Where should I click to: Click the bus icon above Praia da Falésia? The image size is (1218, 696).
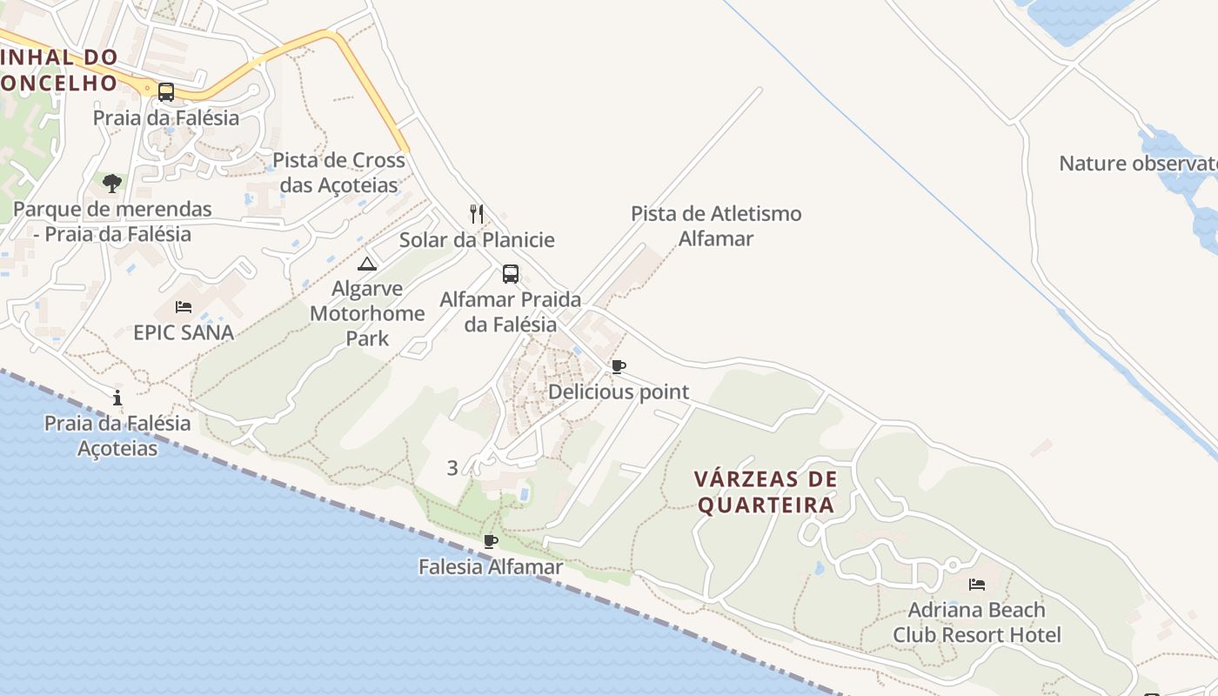165,91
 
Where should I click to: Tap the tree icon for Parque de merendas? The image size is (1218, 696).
111,183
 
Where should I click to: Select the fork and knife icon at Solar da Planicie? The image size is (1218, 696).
477,214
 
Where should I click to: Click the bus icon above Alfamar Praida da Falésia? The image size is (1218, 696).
511,274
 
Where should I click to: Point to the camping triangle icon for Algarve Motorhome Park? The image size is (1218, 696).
367,264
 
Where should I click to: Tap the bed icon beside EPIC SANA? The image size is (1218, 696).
184,306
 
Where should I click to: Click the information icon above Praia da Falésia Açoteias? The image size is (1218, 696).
117,398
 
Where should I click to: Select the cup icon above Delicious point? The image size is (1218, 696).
618,366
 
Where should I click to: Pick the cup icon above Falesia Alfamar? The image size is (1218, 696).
491,541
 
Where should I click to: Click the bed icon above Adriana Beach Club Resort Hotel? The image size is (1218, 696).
977,584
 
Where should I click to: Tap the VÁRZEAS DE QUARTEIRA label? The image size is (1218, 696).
766,492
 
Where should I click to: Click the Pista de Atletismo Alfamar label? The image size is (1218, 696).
716,225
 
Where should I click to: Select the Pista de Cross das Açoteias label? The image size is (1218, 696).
339,172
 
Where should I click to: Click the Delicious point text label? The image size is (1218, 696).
618,392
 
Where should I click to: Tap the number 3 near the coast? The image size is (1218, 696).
452,468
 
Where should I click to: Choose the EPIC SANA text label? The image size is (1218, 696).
184,332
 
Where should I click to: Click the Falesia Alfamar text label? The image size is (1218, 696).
491,567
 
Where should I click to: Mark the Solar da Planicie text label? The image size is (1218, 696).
477,240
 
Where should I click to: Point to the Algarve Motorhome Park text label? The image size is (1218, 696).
367,313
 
